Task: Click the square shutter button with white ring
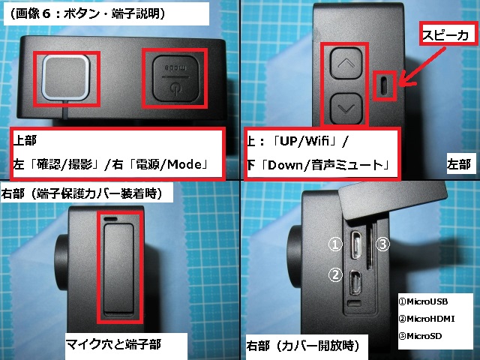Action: coord(66,78)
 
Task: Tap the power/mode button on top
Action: coord(175,78)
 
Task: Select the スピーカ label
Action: coord(446,35)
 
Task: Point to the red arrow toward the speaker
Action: coord(422,67)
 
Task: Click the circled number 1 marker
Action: coord(335,244)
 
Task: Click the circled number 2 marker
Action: coord(335,274)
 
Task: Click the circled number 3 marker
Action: coord(382,244)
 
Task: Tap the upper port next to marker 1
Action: coord(355,244)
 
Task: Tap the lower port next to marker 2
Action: coord(355,283)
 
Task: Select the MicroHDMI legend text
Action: coord(427,319)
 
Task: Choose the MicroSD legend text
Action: coord(421,336)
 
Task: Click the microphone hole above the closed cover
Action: coord(110,219)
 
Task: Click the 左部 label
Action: coord(458,164)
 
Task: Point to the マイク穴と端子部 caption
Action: coord(113,345)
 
